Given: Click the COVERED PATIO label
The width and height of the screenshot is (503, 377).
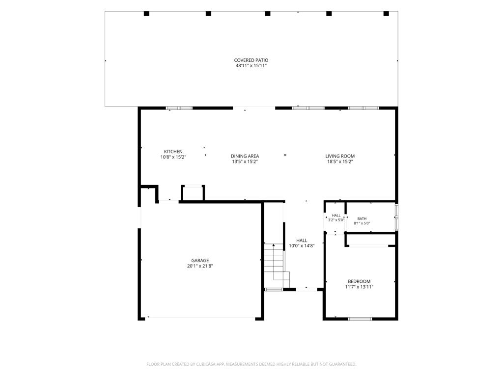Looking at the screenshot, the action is pyautogui.click(x=251, y=60).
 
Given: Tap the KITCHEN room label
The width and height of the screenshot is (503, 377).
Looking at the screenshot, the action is pyautogui.click(x=173, y=152).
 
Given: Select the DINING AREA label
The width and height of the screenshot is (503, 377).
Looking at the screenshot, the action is pyautogui.click(x=245, y=156).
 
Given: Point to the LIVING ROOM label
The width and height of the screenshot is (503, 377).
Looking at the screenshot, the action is pyautogui.click(x=340, y=156).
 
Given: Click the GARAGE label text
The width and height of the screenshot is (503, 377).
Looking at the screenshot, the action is pyautogui.click(x=200, y=261).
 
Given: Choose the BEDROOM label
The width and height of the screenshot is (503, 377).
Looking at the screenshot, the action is pyautogui.click(x=359, y=281).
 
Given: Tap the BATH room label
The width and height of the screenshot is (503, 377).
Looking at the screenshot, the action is pyautogui.click(x=362, y=218).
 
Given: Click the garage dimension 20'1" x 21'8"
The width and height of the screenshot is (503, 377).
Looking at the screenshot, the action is pyautogui.click(x=200, y=266).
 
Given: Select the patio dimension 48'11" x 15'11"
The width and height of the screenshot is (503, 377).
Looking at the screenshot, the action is pyautogui.click(x=251, y=66).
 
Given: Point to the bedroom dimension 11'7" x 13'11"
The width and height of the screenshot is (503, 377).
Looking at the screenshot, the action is pyautogui.click(x=359, y=287).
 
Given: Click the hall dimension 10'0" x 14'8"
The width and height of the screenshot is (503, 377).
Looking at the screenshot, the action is pyautogui.click(x=302, y=246).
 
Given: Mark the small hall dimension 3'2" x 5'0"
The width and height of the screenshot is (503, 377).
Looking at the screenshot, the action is pyautogui.click(x=336, y=220).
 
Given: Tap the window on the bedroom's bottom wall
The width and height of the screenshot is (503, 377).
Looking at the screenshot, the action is pyautogui.click(x=360, y=319).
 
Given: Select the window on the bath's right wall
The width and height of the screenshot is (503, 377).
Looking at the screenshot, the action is pyautogui.click(x=396, y=216).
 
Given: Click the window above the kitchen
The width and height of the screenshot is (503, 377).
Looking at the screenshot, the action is pyautogui.click(x=179, y=108).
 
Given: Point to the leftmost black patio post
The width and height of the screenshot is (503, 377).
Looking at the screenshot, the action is pyautogui.click(x=146, y=13).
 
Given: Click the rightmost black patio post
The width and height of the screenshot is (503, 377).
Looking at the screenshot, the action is pyautogui.click(x=386, y=13).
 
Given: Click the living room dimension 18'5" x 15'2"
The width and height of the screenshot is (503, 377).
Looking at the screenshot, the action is pyautogui.click(x=340, y=162).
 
